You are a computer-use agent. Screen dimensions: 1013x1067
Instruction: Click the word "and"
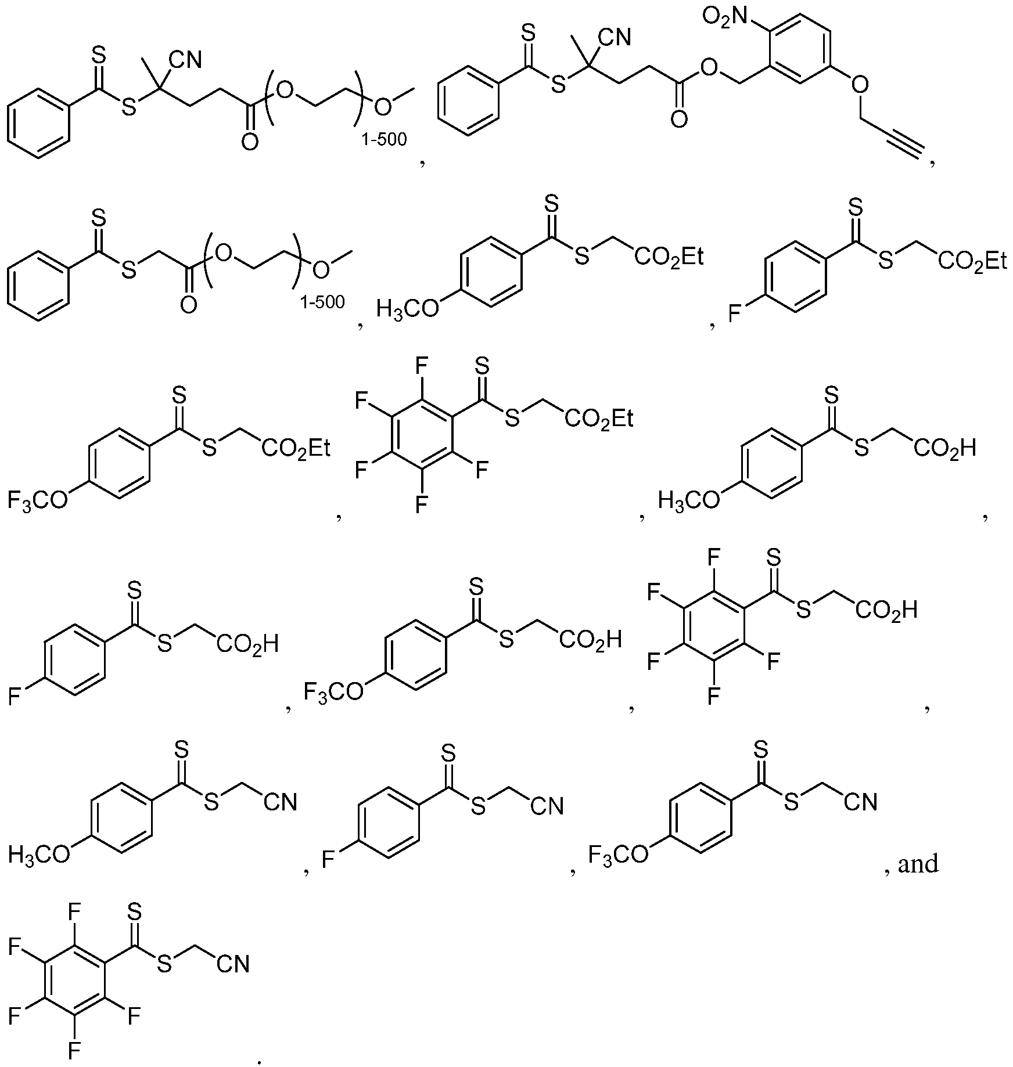918,864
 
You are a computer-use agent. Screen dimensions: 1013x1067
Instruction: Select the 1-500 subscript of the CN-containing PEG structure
384,139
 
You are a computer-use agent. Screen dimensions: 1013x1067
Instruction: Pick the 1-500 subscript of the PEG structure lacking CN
322,302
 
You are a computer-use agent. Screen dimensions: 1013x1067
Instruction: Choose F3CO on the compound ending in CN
619,855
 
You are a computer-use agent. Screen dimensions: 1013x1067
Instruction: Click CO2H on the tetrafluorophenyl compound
886,610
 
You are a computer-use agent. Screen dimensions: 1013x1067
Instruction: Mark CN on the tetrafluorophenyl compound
233,965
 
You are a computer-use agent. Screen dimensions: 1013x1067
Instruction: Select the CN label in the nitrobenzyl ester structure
616,38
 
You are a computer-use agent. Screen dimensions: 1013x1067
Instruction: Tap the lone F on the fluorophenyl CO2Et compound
735,315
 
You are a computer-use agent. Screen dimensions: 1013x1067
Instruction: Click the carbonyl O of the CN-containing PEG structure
249,141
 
